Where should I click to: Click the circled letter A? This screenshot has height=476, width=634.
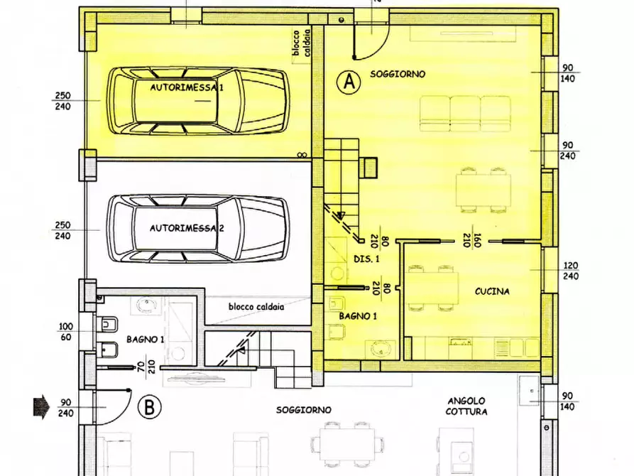click(x=348, y=82)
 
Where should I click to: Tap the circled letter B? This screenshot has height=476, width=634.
click(x=149, y=408)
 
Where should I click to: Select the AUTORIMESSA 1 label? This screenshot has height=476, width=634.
click(x=187, y=87)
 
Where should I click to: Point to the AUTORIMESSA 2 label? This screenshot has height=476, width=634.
click(x=187, y=228)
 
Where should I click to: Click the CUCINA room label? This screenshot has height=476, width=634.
click(x=493, y=291)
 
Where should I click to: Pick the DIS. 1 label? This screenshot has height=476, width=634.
click(x=367, y=259)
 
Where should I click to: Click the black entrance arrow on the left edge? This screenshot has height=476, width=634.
click(x=40, y=407)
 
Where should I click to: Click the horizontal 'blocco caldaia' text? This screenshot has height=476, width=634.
click(x=256, y=307)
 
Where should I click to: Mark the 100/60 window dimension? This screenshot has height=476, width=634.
click(x=65, y=332)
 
